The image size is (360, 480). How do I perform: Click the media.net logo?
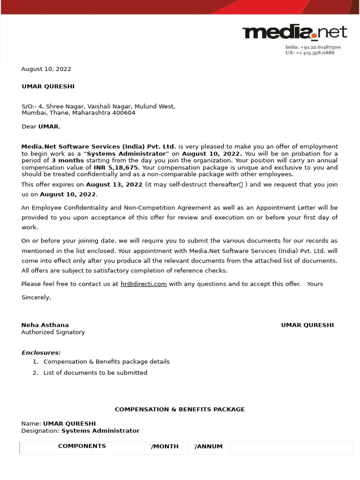tap(294, 33)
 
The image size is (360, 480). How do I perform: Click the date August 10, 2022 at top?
tap(46, 69)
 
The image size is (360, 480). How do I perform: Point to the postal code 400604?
tap(124, 113)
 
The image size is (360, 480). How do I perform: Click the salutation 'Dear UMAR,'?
tap(41, 127)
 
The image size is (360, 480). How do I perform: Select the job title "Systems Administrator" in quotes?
tap(127, 154)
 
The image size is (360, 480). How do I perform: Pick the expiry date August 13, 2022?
tap(114, 185)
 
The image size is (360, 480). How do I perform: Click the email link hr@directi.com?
tap(143, 284)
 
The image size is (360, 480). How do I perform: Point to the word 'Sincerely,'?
tap(36, 297)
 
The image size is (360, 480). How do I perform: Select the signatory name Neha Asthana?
tap(45, 325)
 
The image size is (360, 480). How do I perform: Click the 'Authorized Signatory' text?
tap(53, 332)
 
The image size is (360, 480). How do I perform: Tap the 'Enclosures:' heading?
tap(41, 352)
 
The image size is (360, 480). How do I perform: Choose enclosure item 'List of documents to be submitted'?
tap(95, 373)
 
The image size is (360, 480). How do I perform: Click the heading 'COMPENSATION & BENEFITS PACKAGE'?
tap(180, 409)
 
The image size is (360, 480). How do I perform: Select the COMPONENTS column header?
tap(82, 446)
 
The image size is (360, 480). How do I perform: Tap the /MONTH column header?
tap(165, 447)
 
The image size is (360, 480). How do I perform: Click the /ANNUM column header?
tap(209, 447)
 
